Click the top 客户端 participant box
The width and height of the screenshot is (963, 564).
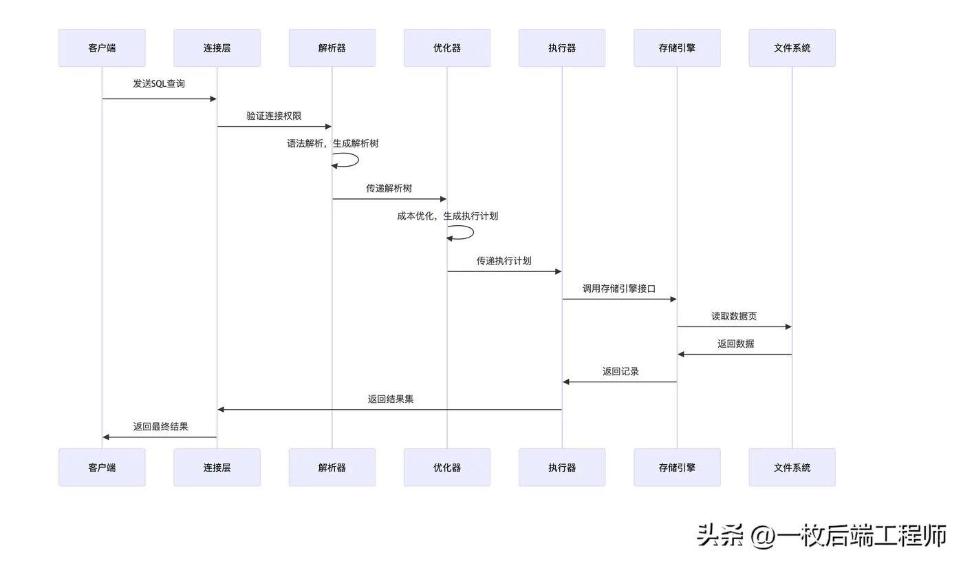click(x=102, y=48)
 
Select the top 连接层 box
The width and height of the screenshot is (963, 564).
click(x=217, y=48)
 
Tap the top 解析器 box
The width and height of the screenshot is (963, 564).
click(x=332, y=48)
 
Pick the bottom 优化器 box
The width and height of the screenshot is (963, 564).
click(x=447, y=468)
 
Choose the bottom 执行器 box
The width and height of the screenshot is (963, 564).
click(x=562, y=468)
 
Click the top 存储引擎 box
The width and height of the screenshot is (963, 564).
click(x=677, y=48)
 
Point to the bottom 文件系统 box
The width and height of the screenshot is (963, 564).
click(x=792, y=468)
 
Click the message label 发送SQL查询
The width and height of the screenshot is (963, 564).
click(x=159, y=83)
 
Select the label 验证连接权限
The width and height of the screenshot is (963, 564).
click(x=274, y=116)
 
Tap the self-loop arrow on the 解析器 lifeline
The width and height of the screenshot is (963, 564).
click(x=345, y=160)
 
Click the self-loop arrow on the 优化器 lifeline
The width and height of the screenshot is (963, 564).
click(x=460, y=233)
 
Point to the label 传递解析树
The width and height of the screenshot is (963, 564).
click(x=389, y=188)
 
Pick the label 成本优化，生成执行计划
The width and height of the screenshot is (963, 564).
click(x=448, y=216)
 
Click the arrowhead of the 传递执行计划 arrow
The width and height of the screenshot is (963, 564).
click(x=559, y=271)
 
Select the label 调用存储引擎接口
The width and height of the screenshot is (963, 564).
click(x=619, y=289)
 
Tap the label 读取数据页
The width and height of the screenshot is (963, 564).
click(x=735, y=316)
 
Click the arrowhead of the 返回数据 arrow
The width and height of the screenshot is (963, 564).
click(x=682, y=355)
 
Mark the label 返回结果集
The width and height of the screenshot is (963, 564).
click(x=391, y=399)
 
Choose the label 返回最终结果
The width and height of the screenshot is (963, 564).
click(x=161, y=427)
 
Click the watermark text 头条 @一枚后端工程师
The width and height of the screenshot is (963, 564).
click(x=821, y=536)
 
